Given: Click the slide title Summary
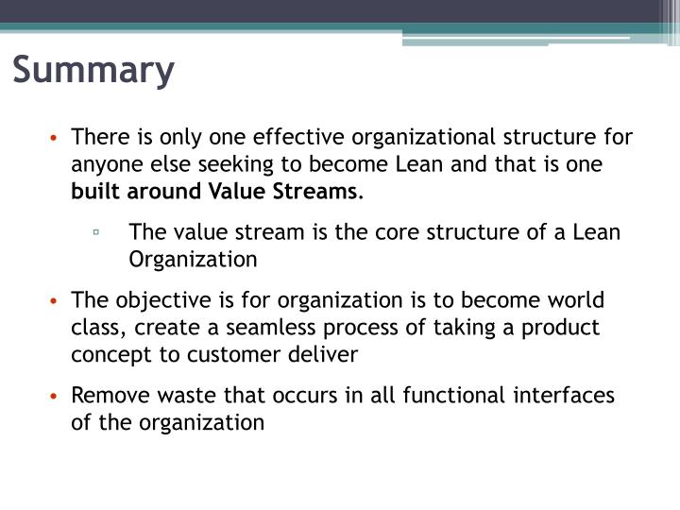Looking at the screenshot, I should click(94, 72).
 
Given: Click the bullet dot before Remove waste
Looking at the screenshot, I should click(57, 396).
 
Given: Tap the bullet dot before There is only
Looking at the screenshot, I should click(57, 138).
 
